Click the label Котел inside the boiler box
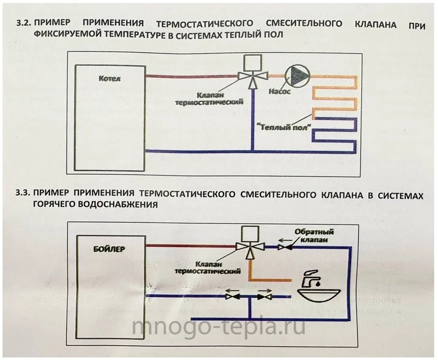[110, 78]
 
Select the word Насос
[279, 91]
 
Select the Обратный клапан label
[314, 236]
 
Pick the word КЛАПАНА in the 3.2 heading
[375, 24]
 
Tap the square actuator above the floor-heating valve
[253, 63]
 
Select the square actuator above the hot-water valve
[250, 234]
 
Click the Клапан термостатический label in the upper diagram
[209, 99]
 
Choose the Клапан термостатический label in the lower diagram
[207, 267]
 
